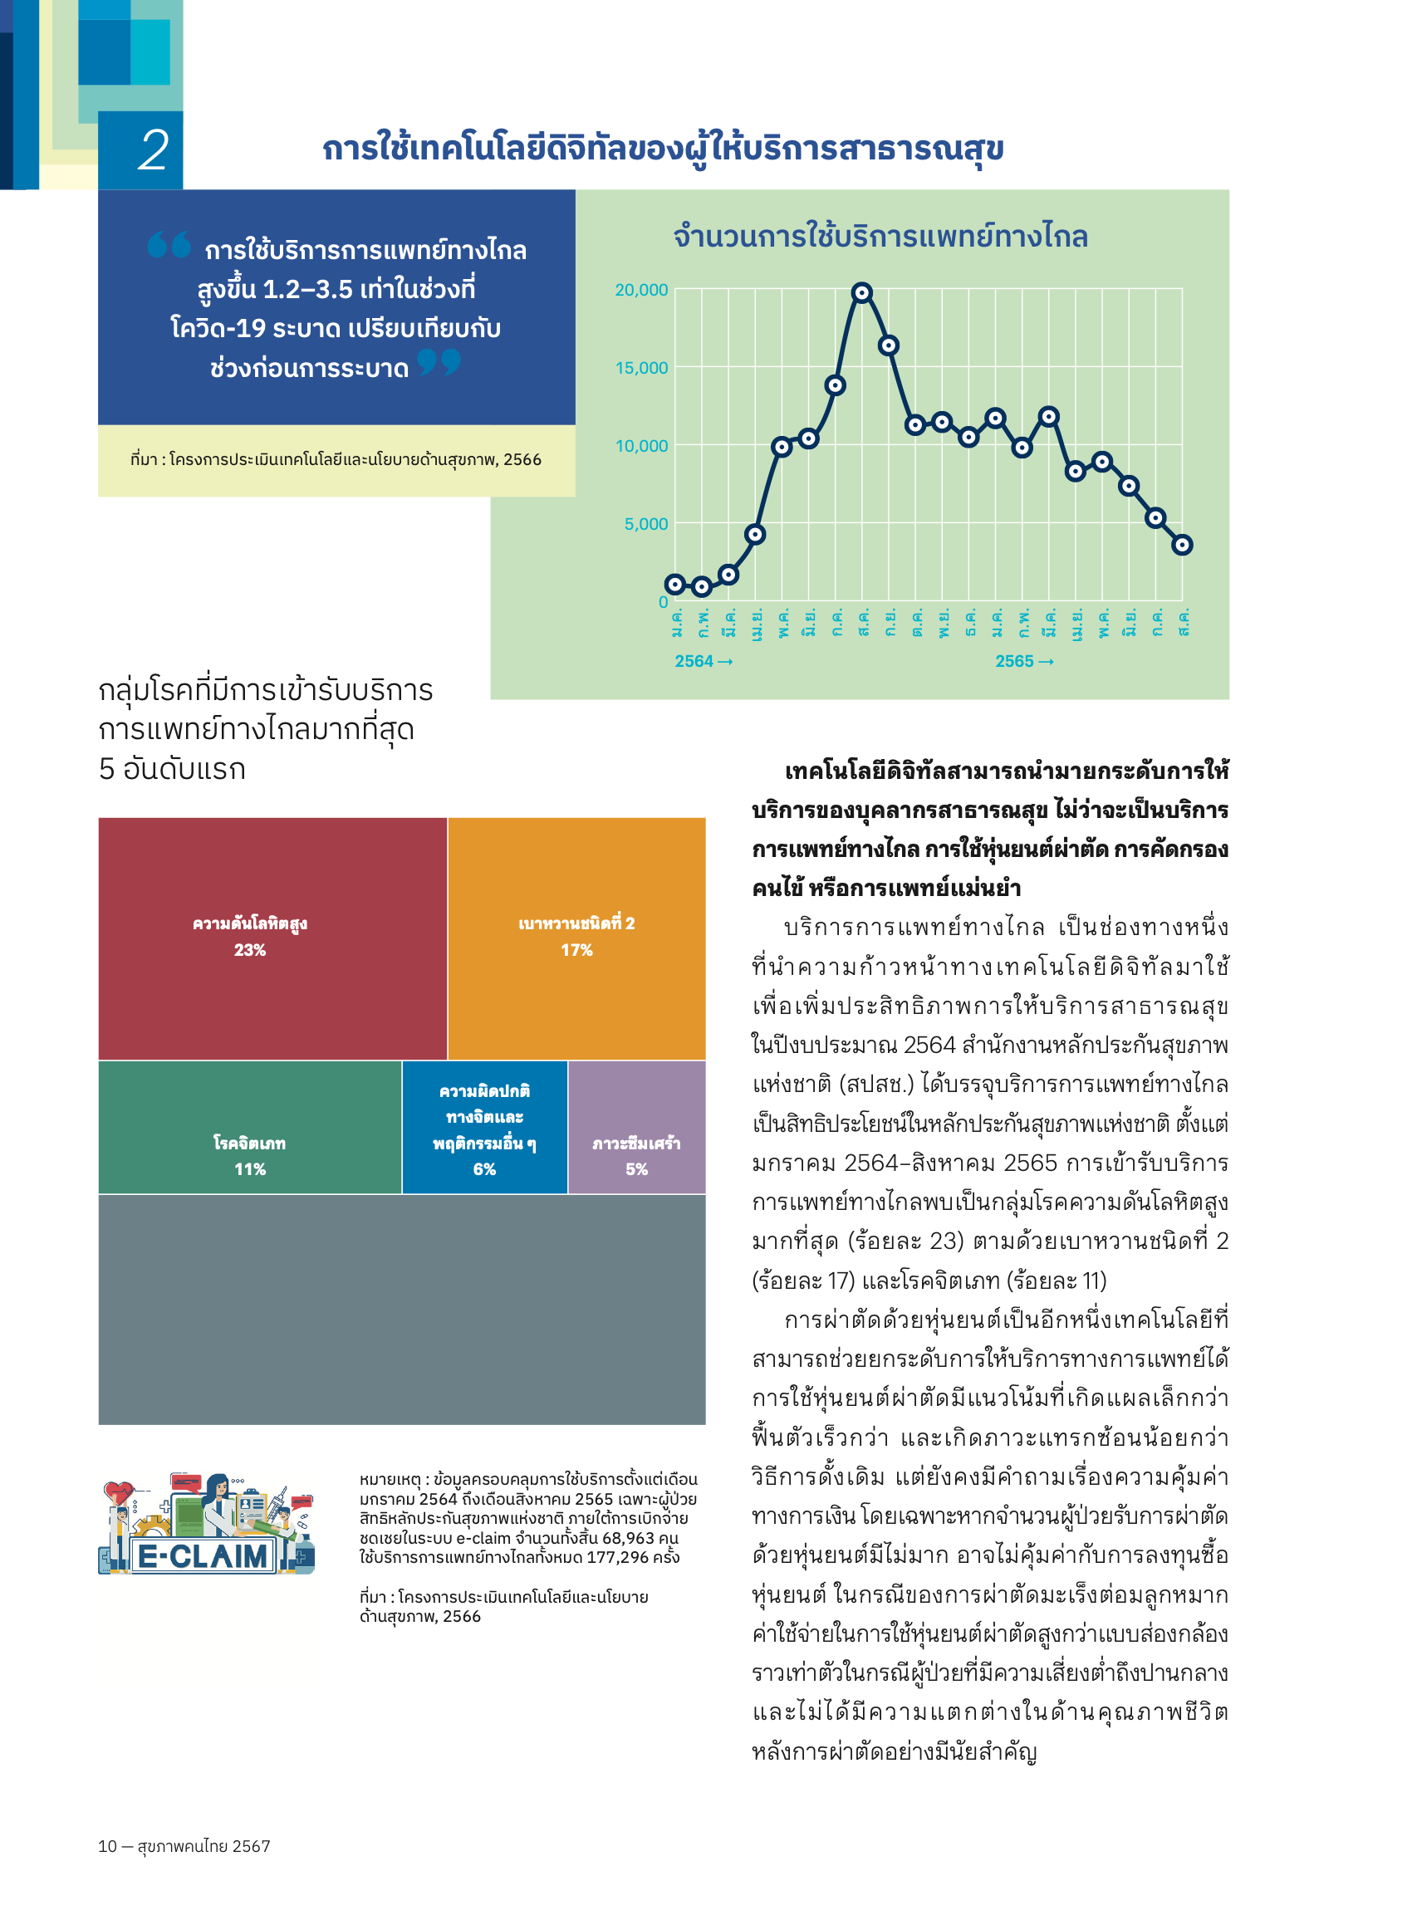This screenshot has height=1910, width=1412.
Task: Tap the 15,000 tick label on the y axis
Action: coord(641,369)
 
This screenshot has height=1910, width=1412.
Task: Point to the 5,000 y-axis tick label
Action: coord(645,524)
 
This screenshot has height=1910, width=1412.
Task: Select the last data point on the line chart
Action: coord(1181,545)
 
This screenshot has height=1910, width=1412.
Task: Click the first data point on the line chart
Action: coord(675,585)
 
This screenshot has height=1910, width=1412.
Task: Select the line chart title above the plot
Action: coord(880,236)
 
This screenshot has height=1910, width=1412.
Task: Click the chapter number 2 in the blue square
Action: coord(153,151)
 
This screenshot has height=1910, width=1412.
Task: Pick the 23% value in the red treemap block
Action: coord(249,950)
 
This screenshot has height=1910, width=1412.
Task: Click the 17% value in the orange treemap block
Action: coord(576,950)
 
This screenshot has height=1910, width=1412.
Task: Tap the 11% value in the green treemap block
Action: coord(249,1169)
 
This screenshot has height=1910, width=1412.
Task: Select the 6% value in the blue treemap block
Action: coord(483,1169)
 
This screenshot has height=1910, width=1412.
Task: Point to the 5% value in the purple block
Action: coord(636,1169)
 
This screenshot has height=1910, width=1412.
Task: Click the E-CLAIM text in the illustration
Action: coord(203,1556)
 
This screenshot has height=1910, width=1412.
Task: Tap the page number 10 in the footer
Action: coord(107,1846)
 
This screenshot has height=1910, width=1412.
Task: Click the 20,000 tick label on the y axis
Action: coord(641,291)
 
